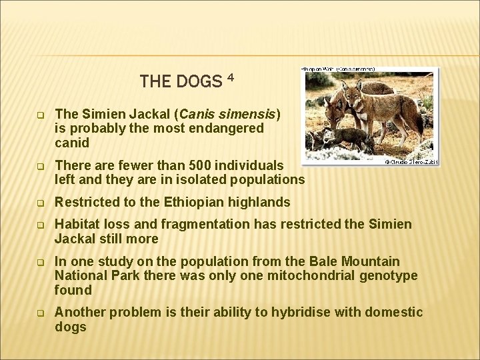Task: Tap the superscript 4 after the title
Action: tap(230, 77)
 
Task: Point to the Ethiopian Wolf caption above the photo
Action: tap(339, 69)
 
